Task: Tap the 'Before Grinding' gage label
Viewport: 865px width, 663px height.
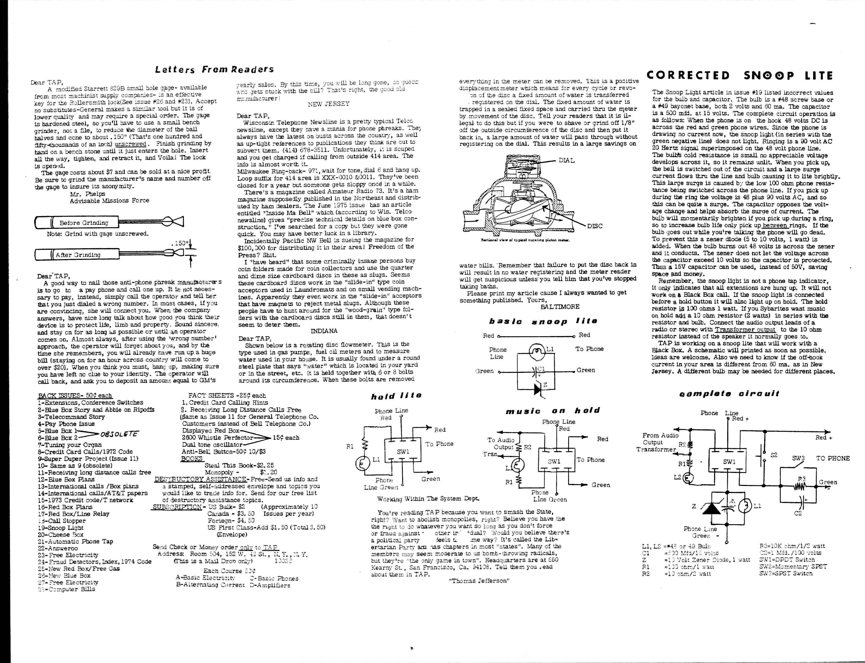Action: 83,223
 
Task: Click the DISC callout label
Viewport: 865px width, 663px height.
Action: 595,226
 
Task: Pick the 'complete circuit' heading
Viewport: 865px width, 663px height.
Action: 729,393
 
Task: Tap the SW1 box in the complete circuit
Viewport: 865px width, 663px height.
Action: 729,462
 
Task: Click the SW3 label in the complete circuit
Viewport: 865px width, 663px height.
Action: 798,459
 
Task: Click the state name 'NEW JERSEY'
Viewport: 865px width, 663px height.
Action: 329,104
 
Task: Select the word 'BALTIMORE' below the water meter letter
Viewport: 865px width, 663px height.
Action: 560,307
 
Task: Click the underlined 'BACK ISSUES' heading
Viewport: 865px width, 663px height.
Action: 75,396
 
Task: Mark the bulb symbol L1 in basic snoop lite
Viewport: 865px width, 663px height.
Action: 536,351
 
